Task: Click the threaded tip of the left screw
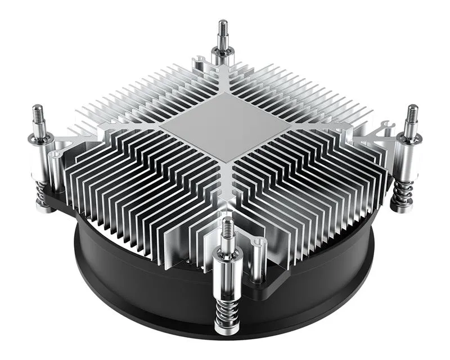coord(37,115)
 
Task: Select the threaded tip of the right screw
coord(412,115)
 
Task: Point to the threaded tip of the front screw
coord(227,228)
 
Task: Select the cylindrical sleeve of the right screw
coord(406,157)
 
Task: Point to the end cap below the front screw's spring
coord(227,332)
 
